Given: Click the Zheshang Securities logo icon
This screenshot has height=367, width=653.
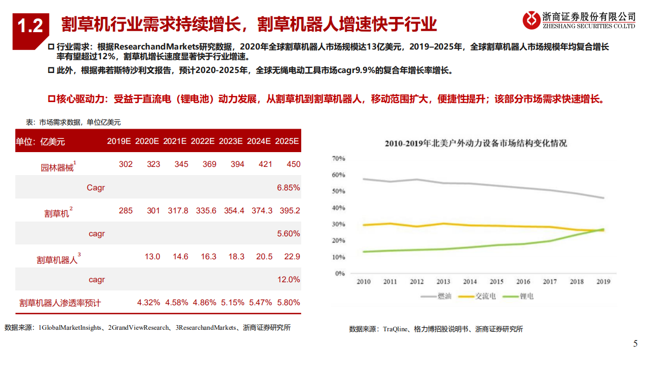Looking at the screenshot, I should (x=531, y=20).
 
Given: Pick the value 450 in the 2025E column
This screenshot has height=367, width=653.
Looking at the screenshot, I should (x=293, y=164).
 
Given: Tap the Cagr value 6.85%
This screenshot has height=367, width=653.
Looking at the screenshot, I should (x=288, y=188).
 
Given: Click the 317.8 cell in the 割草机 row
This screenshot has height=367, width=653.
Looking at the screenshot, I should (x=178, y=211).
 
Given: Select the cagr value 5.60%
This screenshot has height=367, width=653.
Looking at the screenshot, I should (x=288, y=234).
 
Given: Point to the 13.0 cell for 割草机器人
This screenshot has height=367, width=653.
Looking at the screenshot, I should (x=153, y=257).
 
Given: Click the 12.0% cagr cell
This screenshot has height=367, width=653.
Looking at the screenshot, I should (x=288, y=280).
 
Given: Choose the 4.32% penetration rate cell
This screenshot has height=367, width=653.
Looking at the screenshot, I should (x=149, y=303).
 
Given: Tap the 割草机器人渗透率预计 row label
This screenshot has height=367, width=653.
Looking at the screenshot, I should (x=60, y=303).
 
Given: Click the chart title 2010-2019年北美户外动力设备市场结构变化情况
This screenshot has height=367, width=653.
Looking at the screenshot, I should (x=475, y=143).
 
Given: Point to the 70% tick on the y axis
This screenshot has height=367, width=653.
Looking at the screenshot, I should (x=338, y=159).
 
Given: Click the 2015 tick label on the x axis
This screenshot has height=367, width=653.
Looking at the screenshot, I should (x=496, y=282).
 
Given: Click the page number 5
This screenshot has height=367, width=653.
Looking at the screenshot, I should (x=635, y=344).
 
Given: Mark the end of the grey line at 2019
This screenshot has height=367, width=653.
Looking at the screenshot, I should (x=603, y=198).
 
